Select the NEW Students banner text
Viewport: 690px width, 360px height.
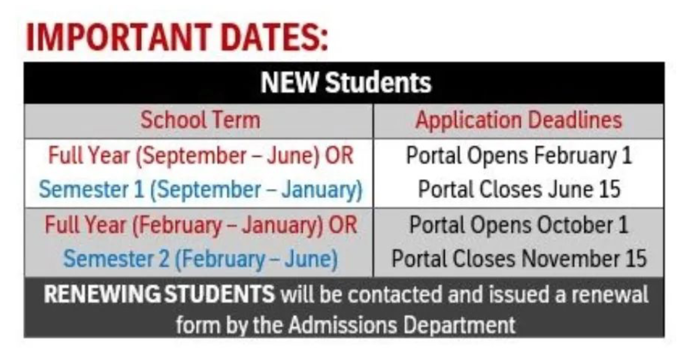click(345, 83)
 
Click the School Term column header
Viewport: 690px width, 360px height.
click(201, 120)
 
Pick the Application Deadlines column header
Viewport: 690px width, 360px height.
click(518, 121)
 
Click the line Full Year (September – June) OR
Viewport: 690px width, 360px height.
click(201, 156)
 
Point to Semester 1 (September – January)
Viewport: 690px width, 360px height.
click(201, 190)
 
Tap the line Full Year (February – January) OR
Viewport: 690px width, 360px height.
click(201, 225)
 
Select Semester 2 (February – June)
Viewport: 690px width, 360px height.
click(201, 259)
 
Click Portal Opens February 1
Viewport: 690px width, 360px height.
click(518, 156)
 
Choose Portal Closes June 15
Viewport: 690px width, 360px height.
click(518, 189)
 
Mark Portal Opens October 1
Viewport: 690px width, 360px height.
click(518, 225)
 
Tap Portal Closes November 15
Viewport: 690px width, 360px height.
click(518, 258)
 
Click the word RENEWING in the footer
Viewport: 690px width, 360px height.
click(102, 294)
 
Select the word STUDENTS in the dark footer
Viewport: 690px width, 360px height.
click(219, 294)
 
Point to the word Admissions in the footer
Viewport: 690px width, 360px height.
click(343, 325)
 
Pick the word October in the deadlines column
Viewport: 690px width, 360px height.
click(574, 225)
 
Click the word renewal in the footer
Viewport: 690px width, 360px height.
click(610, 294)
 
